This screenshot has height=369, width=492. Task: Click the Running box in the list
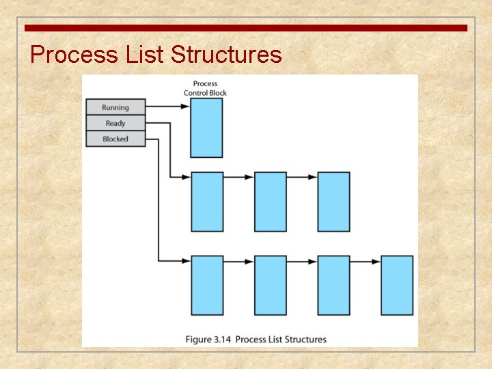115,107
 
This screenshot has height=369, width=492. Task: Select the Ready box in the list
115,123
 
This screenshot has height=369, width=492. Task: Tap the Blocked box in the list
115,139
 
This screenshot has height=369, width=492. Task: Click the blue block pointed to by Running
206,128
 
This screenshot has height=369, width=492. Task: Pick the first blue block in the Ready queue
207,202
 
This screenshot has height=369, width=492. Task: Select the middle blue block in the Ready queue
271,202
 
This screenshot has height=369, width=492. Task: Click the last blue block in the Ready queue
333,202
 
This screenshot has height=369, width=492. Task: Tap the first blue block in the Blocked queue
207,285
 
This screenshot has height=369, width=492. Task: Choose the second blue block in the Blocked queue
271,285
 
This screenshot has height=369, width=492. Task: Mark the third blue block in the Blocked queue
333,285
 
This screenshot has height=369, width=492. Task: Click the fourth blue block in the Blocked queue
397,285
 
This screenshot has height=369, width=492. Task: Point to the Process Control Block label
205,88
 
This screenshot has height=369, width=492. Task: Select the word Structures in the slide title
226,54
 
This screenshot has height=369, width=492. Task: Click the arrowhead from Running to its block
185,106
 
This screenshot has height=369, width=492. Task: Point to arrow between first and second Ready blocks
238,177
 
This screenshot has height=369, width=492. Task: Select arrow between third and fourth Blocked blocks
365,261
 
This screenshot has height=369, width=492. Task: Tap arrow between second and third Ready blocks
301,177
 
